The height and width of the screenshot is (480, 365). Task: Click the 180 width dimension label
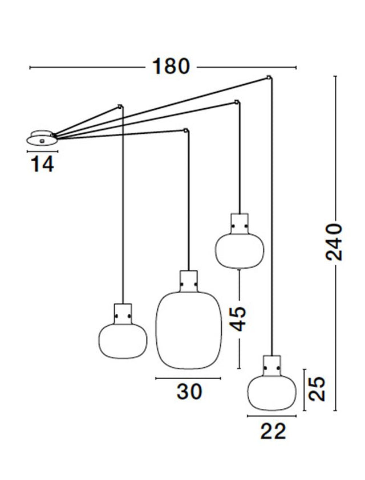point(171,67)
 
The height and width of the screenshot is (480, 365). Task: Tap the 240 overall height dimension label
point(334,242)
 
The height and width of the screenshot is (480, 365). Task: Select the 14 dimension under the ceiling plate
point(42,164)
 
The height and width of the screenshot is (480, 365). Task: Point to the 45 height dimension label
point(238,318)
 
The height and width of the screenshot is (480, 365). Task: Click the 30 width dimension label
point(189,391)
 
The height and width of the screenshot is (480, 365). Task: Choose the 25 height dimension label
point(317,389)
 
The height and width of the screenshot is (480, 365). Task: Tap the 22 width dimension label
point(273,431)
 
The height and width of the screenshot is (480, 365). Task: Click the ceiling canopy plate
point(42,138)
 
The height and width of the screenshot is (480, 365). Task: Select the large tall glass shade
point(188,330)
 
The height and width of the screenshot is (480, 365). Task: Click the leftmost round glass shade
point(123,341)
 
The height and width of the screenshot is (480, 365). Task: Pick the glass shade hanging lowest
point(272,393)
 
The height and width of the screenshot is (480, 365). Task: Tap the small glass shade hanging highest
point(239,251)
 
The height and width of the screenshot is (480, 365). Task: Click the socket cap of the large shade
point(188,281)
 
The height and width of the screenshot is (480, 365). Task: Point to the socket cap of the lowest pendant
point(272,366)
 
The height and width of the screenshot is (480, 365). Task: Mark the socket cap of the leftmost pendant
point(123,314)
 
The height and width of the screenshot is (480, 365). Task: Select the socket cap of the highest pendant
point(239,224)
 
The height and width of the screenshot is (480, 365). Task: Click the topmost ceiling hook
point(269,77)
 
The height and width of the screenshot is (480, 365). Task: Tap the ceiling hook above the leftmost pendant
point(120,106)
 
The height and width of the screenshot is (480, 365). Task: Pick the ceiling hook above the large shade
point(186,130)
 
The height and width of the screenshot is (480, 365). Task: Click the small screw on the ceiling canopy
point(42,141)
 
